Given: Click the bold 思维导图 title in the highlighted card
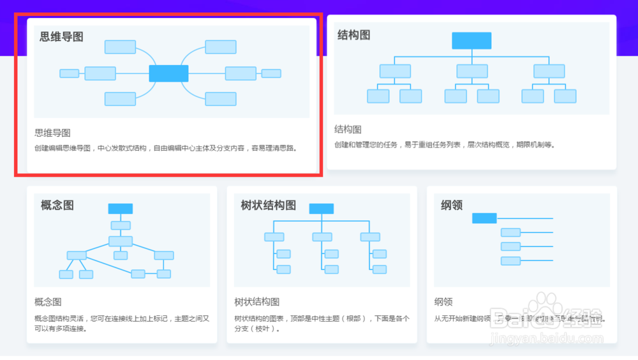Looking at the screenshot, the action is click(62, 36).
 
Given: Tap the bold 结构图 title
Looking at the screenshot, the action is click(353, 34).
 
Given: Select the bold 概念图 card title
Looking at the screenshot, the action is click(57, 205).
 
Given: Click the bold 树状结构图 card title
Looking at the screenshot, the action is click(268, 205).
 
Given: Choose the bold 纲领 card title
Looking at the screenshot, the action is click(452, 205).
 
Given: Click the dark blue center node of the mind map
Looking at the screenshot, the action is click(168, 73).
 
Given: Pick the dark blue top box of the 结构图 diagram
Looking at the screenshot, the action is click(471, 40).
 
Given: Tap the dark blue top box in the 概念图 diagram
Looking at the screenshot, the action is click(121, 209).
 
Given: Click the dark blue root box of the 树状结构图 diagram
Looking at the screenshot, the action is click(321, 209).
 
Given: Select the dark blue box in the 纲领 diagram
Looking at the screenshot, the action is click(484, 218).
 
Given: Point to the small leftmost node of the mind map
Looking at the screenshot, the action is click(69, 73).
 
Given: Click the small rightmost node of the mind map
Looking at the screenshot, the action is click(271, 73).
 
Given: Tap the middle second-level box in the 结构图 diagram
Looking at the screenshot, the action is click(471, 71).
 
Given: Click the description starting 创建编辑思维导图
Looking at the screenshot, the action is click(166, 148).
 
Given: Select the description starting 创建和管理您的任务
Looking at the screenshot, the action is click(444, 145).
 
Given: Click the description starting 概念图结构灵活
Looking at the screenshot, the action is click(121, 323).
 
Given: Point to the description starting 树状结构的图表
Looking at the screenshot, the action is click(322, 323).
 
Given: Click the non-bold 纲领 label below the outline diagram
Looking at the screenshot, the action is click(443, 302).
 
